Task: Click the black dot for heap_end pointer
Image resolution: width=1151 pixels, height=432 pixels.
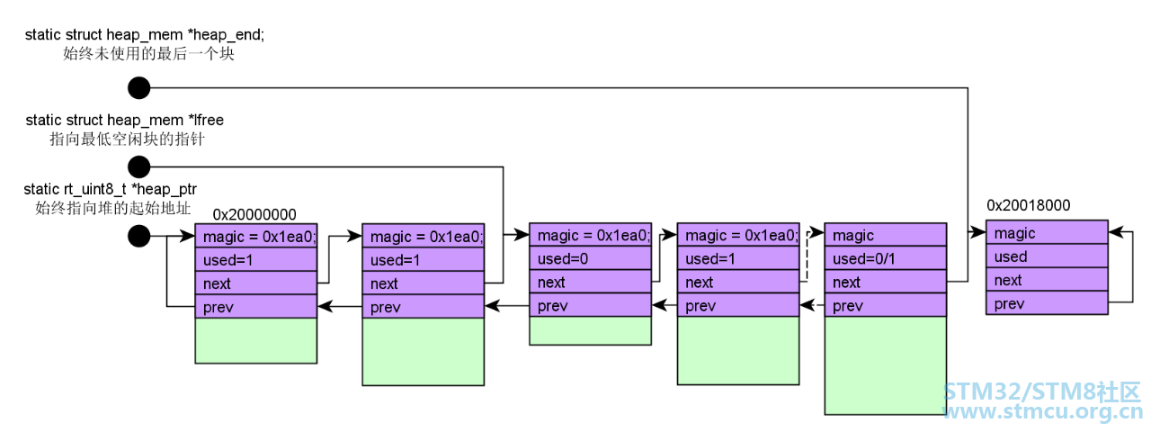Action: [x=138, y=88]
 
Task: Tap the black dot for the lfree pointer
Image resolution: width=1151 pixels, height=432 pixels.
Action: [x=138, y=166]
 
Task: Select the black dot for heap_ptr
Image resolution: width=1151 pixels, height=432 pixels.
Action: [x=138, y=236]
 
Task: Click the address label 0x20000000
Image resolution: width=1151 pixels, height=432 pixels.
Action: [x=254, y=214]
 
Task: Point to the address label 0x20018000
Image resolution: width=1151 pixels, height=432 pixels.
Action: [x=1028, y=205]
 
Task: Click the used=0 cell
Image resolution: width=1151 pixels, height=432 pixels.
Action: [x=591, y=258]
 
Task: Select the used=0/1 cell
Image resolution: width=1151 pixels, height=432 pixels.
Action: [x=886, y=258]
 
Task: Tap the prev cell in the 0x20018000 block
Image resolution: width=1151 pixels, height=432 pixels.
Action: [x=1047, y=303]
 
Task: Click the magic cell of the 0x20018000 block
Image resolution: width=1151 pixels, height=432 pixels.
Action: [x=1047, y=232]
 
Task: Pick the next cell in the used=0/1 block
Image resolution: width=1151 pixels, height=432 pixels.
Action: [x=886, y=282]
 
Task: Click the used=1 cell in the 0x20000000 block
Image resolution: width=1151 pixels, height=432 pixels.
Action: [x=256, y=260]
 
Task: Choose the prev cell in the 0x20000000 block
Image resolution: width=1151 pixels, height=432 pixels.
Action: [x=256, y=307]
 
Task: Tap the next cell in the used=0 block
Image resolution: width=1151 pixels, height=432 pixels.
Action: [x=591, y=282]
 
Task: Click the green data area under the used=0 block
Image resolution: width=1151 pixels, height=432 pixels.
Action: [x=591, y=330]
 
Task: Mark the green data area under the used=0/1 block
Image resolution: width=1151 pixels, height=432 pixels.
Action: [x=886, y=365]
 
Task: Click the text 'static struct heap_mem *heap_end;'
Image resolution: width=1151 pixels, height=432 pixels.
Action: [x=145, y=34]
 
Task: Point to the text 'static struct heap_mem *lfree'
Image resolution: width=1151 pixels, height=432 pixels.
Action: [x=125, y=120]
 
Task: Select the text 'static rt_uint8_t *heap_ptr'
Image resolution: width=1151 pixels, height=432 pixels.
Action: [x=110, y=189]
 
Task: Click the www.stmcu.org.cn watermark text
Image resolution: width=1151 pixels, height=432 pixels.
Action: [x=1043, y=412]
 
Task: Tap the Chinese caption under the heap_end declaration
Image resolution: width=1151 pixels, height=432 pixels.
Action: [x=148, y=53]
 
